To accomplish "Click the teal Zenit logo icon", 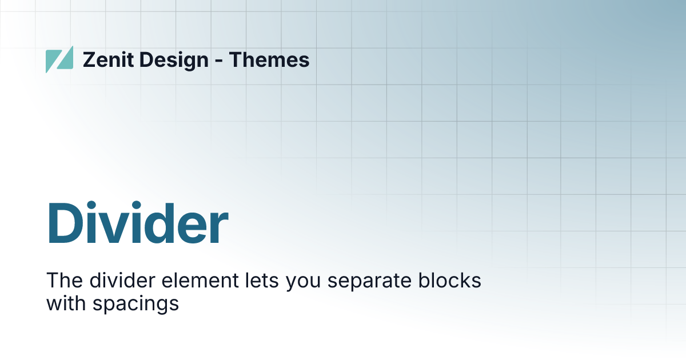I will pos(59,59).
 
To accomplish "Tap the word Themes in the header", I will pos(269,59).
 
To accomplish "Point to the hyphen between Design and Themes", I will pos(219,61).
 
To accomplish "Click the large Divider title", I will pos(137,223).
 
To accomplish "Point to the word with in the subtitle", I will pos(64,303).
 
